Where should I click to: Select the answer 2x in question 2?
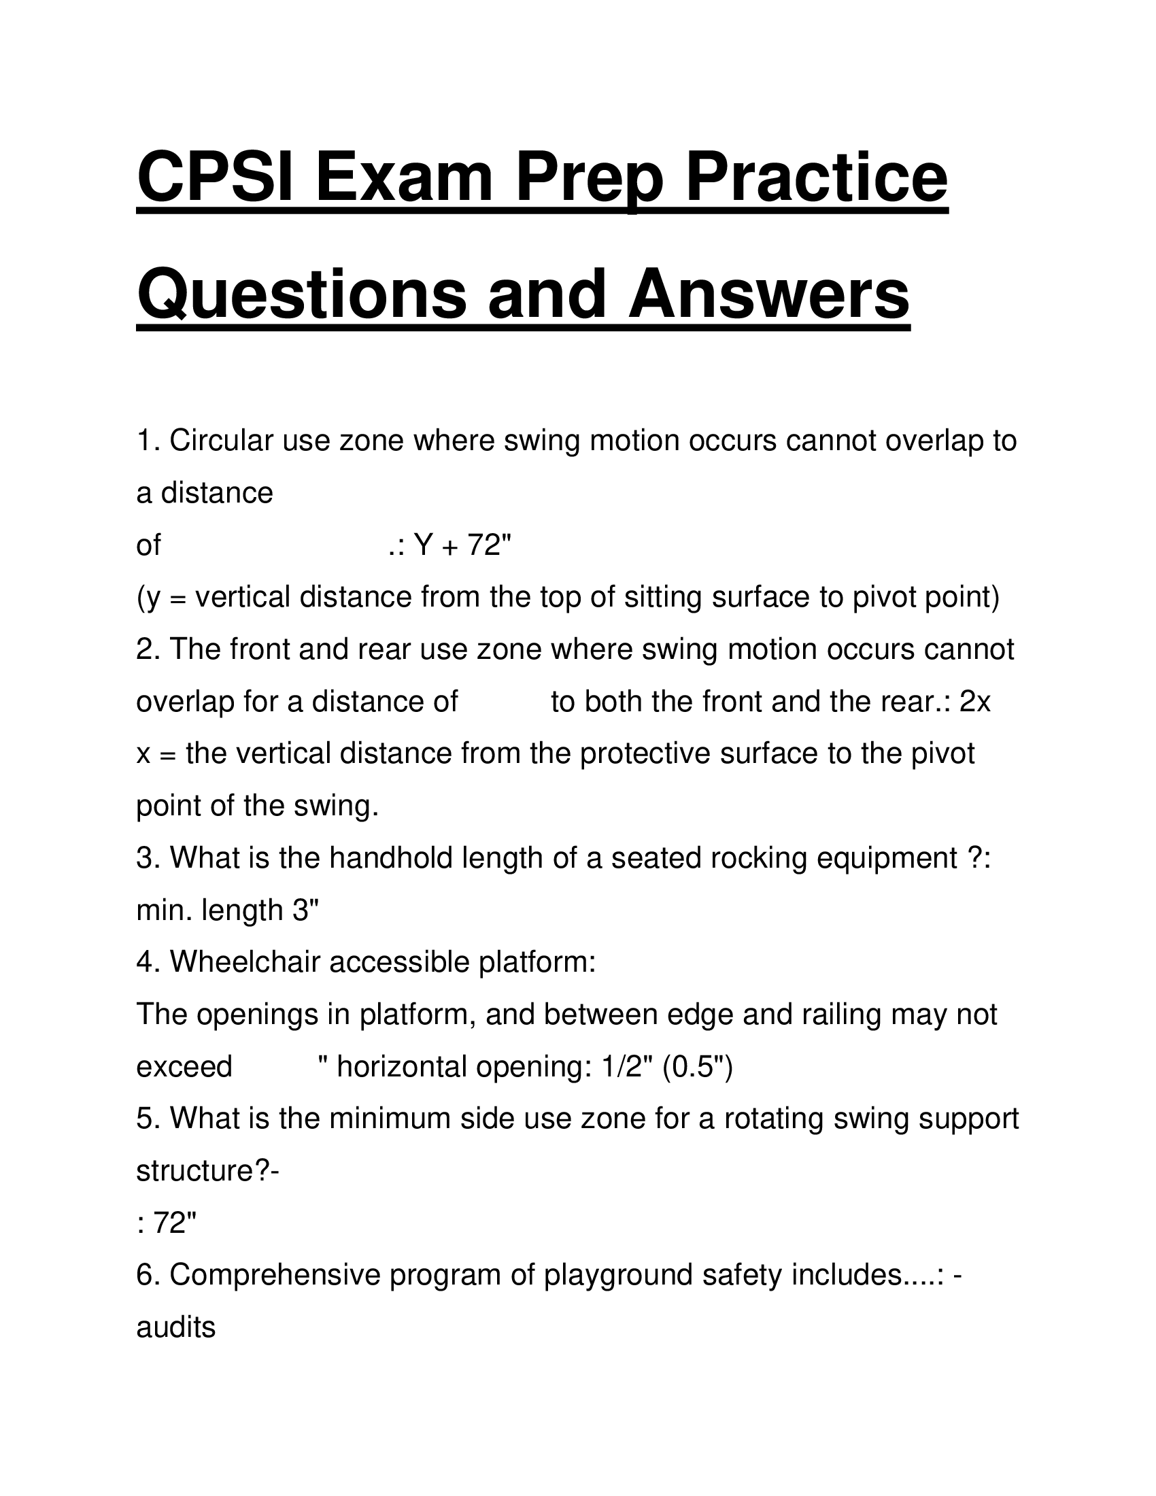click(975, 702)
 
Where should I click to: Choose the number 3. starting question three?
click(148, 858)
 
